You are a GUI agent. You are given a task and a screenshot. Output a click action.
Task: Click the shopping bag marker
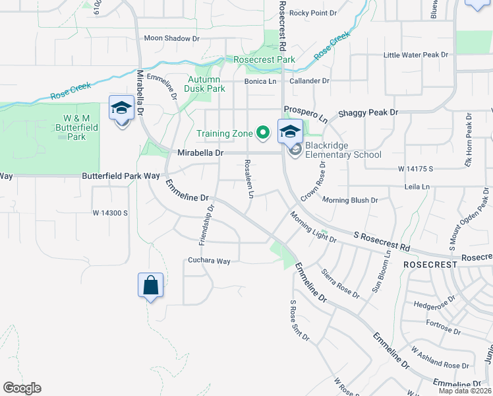pyautogui.click(x=150, y=286)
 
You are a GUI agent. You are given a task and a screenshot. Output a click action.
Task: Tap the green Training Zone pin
pyautogui.click(x=262, y=133)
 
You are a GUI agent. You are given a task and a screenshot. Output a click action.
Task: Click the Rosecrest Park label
pyautogui.click(x=264, y=59)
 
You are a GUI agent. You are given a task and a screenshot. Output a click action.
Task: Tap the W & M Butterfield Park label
pyautogui.click(x=71, y=127)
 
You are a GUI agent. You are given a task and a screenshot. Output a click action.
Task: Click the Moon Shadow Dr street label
pyautogui.click(x=171, y=38)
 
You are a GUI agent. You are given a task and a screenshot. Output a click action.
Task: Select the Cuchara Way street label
pyautogui.click(x=209, y=261)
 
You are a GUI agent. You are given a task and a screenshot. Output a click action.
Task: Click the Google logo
pyautogui.click(x=22, y=388)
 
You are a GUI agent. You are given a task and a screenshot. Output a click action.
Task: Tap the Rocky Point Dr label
pyautogui.click(x=312, y=13)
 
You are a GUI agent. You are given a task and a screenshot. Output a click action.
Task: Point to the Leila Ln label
pyautogui.click(x=417, y=187)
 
